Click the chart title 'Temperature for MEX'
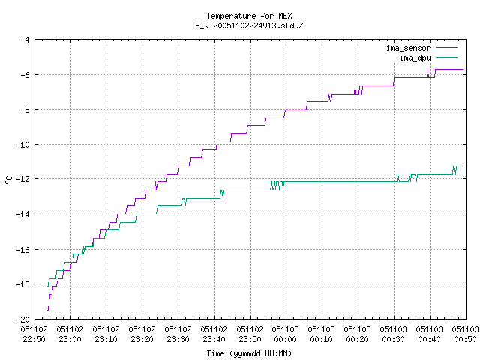pos(249,16)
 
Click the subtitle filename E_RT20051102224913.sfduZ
pos(249,25)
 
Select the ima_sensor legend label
pos(408,48)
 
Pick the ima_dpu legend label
pos(415,58)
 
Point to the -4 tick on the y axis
pos(25,40)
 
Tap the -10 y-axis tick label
pos(23,145)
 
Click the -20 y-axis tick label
pos(23,319)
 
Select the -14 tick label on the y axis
pos(23,214)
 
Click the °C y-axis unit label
pos(8,180)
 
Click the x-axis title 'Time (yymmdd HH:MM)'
pos(249,353)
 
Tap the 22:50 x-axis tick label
pos(34,339)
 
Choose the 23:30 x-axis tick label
pos(178,339)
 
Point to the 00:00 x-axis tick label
pos(285,339)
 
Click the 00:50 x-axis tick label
pos(465,339)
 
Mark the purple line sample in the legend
pos(446,48)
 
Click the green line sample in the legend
pos(446,58)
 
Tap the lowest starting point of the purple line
pos(48,310)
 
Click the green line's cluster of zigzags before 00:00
pos(277,186)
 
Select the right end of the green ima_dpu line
pos(462,166)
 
